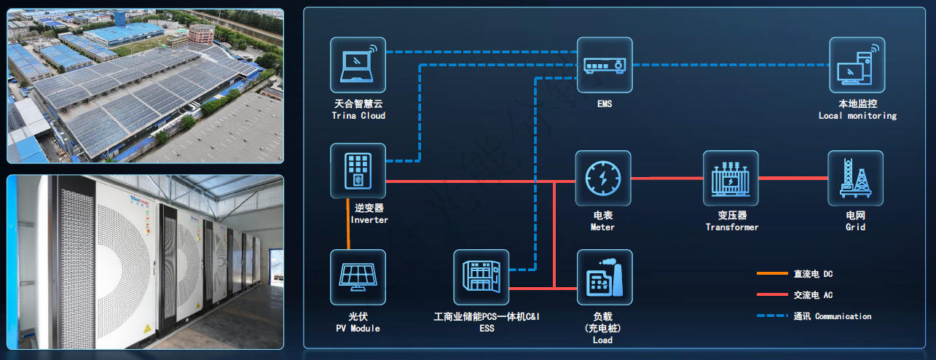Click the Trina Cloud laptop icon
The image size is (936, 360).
(x=358, y=65)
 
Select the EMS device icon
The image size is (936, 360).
(x=605, y=65)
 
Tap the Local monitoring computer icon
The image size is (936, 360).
(x=857, y=65)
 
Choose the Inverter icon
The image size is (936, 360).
(x=358, y=171)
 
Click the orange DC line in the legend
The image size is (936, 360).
(x=773, y=274)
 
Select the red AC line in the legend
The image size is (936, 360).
(x=773, y=295)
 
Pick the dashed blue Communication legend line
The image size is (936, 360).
(x=773, y=316)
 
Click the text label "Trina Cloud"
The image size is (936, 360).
(x=358, y=116)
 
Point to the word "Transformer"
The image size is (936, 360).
(x=732, y=227)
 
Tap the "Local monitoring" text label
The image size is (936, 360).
(x=857, y=116)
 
